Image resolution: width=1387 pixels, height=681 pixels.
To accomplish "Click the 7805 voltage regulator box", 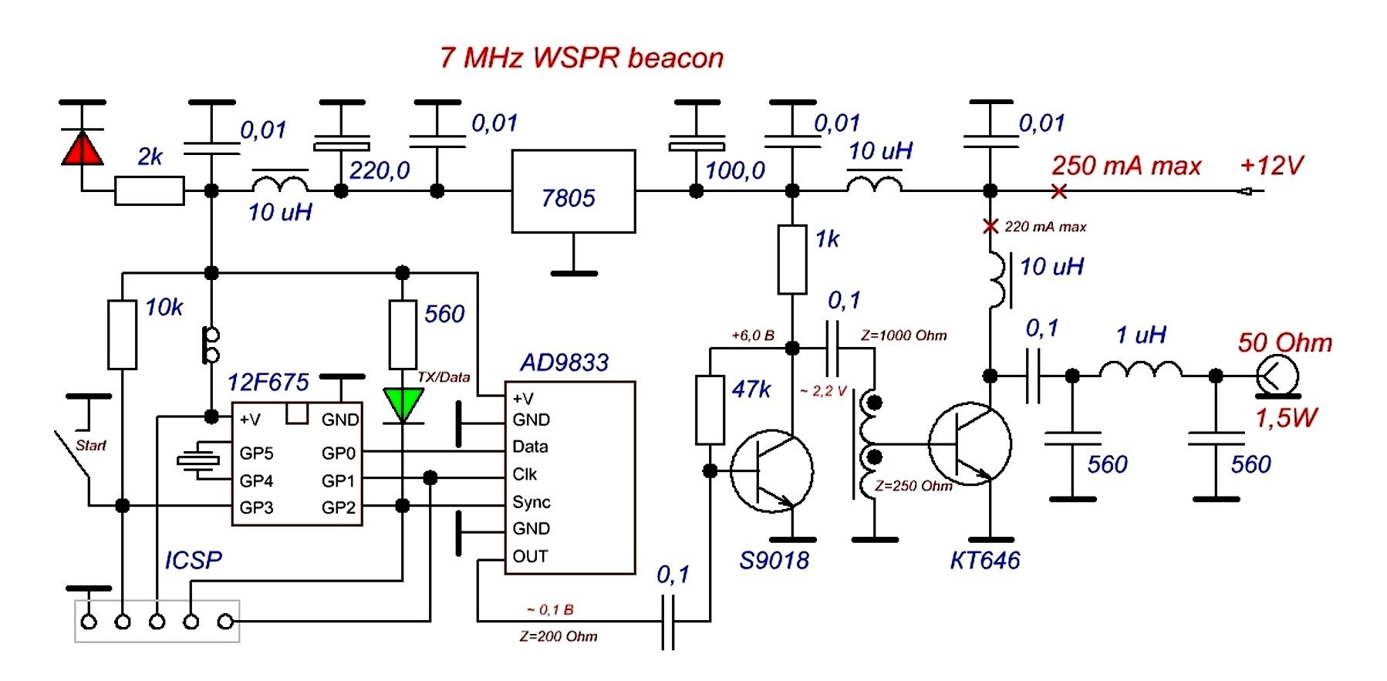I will [x=573, y=191].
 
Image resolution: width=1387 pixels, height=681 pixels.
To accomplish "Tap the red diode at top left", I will [x=82, y=148].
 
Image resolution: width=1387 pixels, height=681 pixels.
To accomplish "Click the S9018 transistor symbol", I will [x=771, y=470].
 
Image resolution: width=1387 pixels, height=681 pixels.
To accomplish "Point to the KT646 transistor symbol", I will [x=970, y=444].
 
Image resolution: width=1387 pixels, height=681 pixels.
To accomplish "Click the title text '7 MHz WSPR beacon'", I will [x=582, y=58].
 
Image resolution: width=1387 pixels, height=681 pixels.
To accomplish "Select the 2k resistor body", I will [x=150, y=190].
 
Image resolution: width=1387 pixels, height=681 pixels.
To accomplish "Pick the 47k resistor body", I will [x=710, y=410].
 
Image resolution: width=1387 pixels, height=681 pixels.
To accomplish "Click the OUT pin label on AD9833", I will [x=530, y=556].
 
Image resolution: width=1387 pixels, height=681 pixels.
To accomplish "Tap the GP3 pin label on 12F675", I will [x=256, y=507].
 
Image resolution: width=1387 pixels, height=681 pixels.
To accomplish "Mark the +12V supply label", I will [x=1271, y=165].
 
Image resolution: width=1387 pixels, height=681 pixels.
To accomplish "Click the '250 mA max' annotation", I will [x=1126, y=166].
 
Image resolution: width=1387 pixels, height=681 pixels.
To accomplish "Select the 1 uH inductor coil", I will [x=1140, y=372].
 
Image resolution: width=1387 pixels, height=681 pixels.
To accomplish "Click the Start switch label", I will [x=91, y=445].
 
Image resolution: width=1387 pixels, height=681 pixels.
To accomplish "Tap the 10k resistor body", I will [x=122, y=335].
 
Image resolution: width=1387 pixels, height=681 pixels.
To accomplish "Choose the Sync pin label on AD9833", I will [x=532, y=502].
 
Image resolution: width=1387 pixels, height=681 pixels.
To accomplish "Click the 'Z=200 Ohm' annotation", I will [x=559, y=636].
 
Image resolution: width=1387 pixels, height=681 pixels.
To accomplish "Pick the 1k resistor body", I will [x=792, y=259].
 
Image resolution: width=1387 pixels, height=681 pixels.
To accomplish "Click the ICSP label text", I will [x=193, y=560].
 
